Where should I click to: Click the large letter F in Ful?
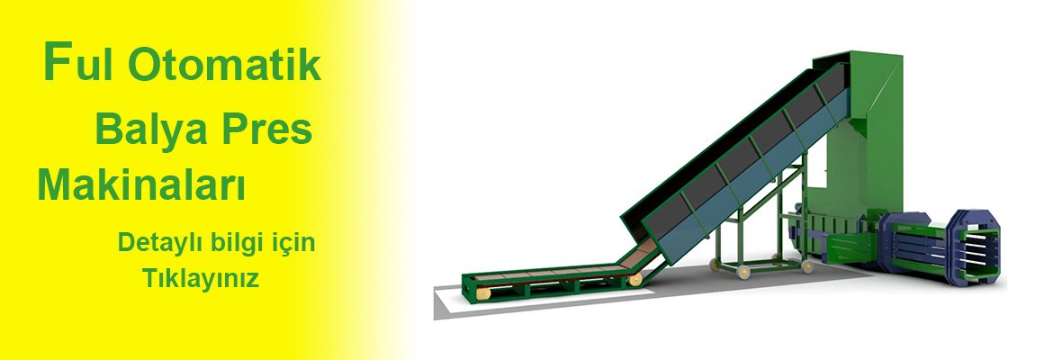(57, 61)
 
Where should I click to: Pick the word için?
(292, 244)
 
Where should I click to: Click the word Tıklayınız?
(200, 278)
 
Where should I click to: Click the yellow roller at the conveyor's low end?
(482, 292)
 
